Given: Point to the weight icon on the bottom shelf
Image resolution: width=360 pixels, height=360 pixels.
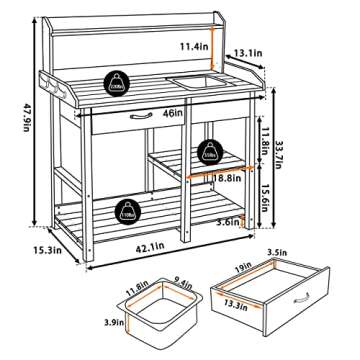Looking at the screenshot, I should tap(128, 210).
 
